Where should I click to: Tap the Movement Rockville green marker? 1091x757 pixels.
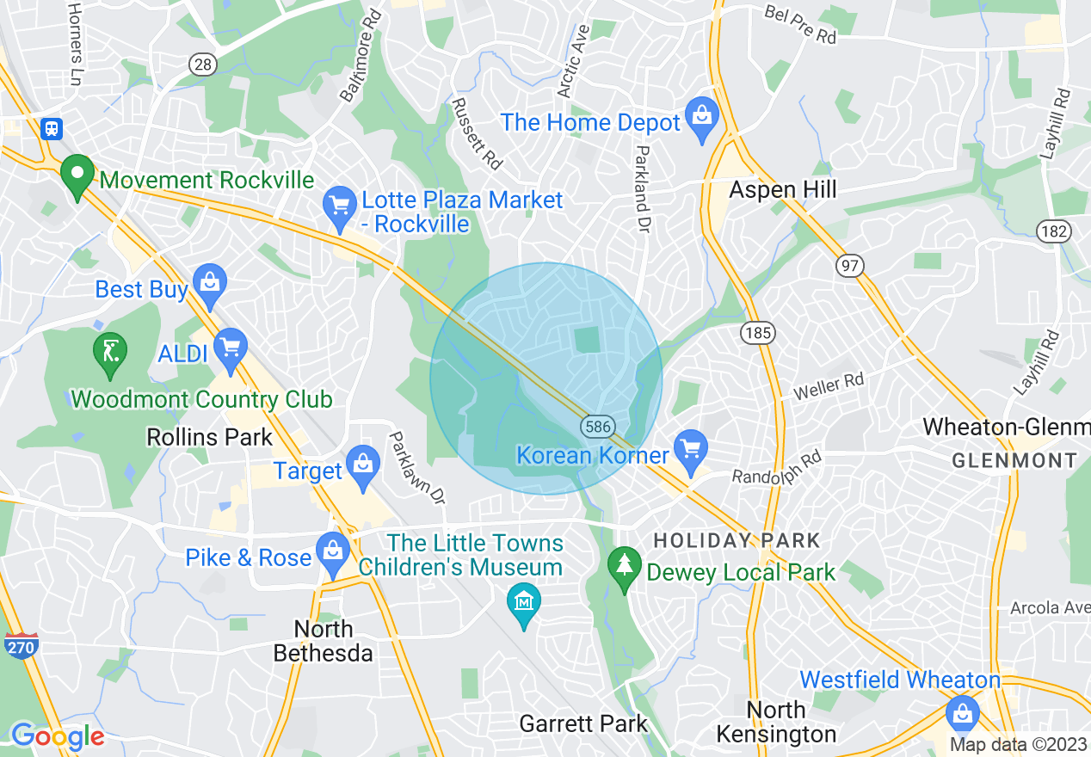(77, 175)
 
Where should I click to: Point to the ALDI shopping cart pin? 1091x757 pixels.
(230, 348)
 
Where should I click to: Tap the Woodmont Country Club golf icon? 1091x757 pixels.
(110, 353)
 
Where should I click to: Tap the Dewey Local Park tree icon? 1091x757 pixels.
(623, 568)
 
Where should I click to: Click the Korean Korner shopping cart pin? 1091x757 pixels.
(691, 449)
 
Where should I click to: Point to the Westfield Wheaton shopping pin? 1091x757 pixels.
(962, 714)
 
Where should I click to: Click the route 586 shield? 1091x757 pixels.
(596, 426)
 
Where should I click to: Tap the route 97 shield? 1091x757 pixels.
(850, 266)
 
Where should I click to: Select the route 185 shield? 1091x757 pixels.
(761, 333)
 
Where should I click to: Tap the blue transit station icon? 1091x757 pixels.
(52, 129)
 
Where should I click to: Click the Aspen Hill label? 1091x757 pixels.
(782, 190)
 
